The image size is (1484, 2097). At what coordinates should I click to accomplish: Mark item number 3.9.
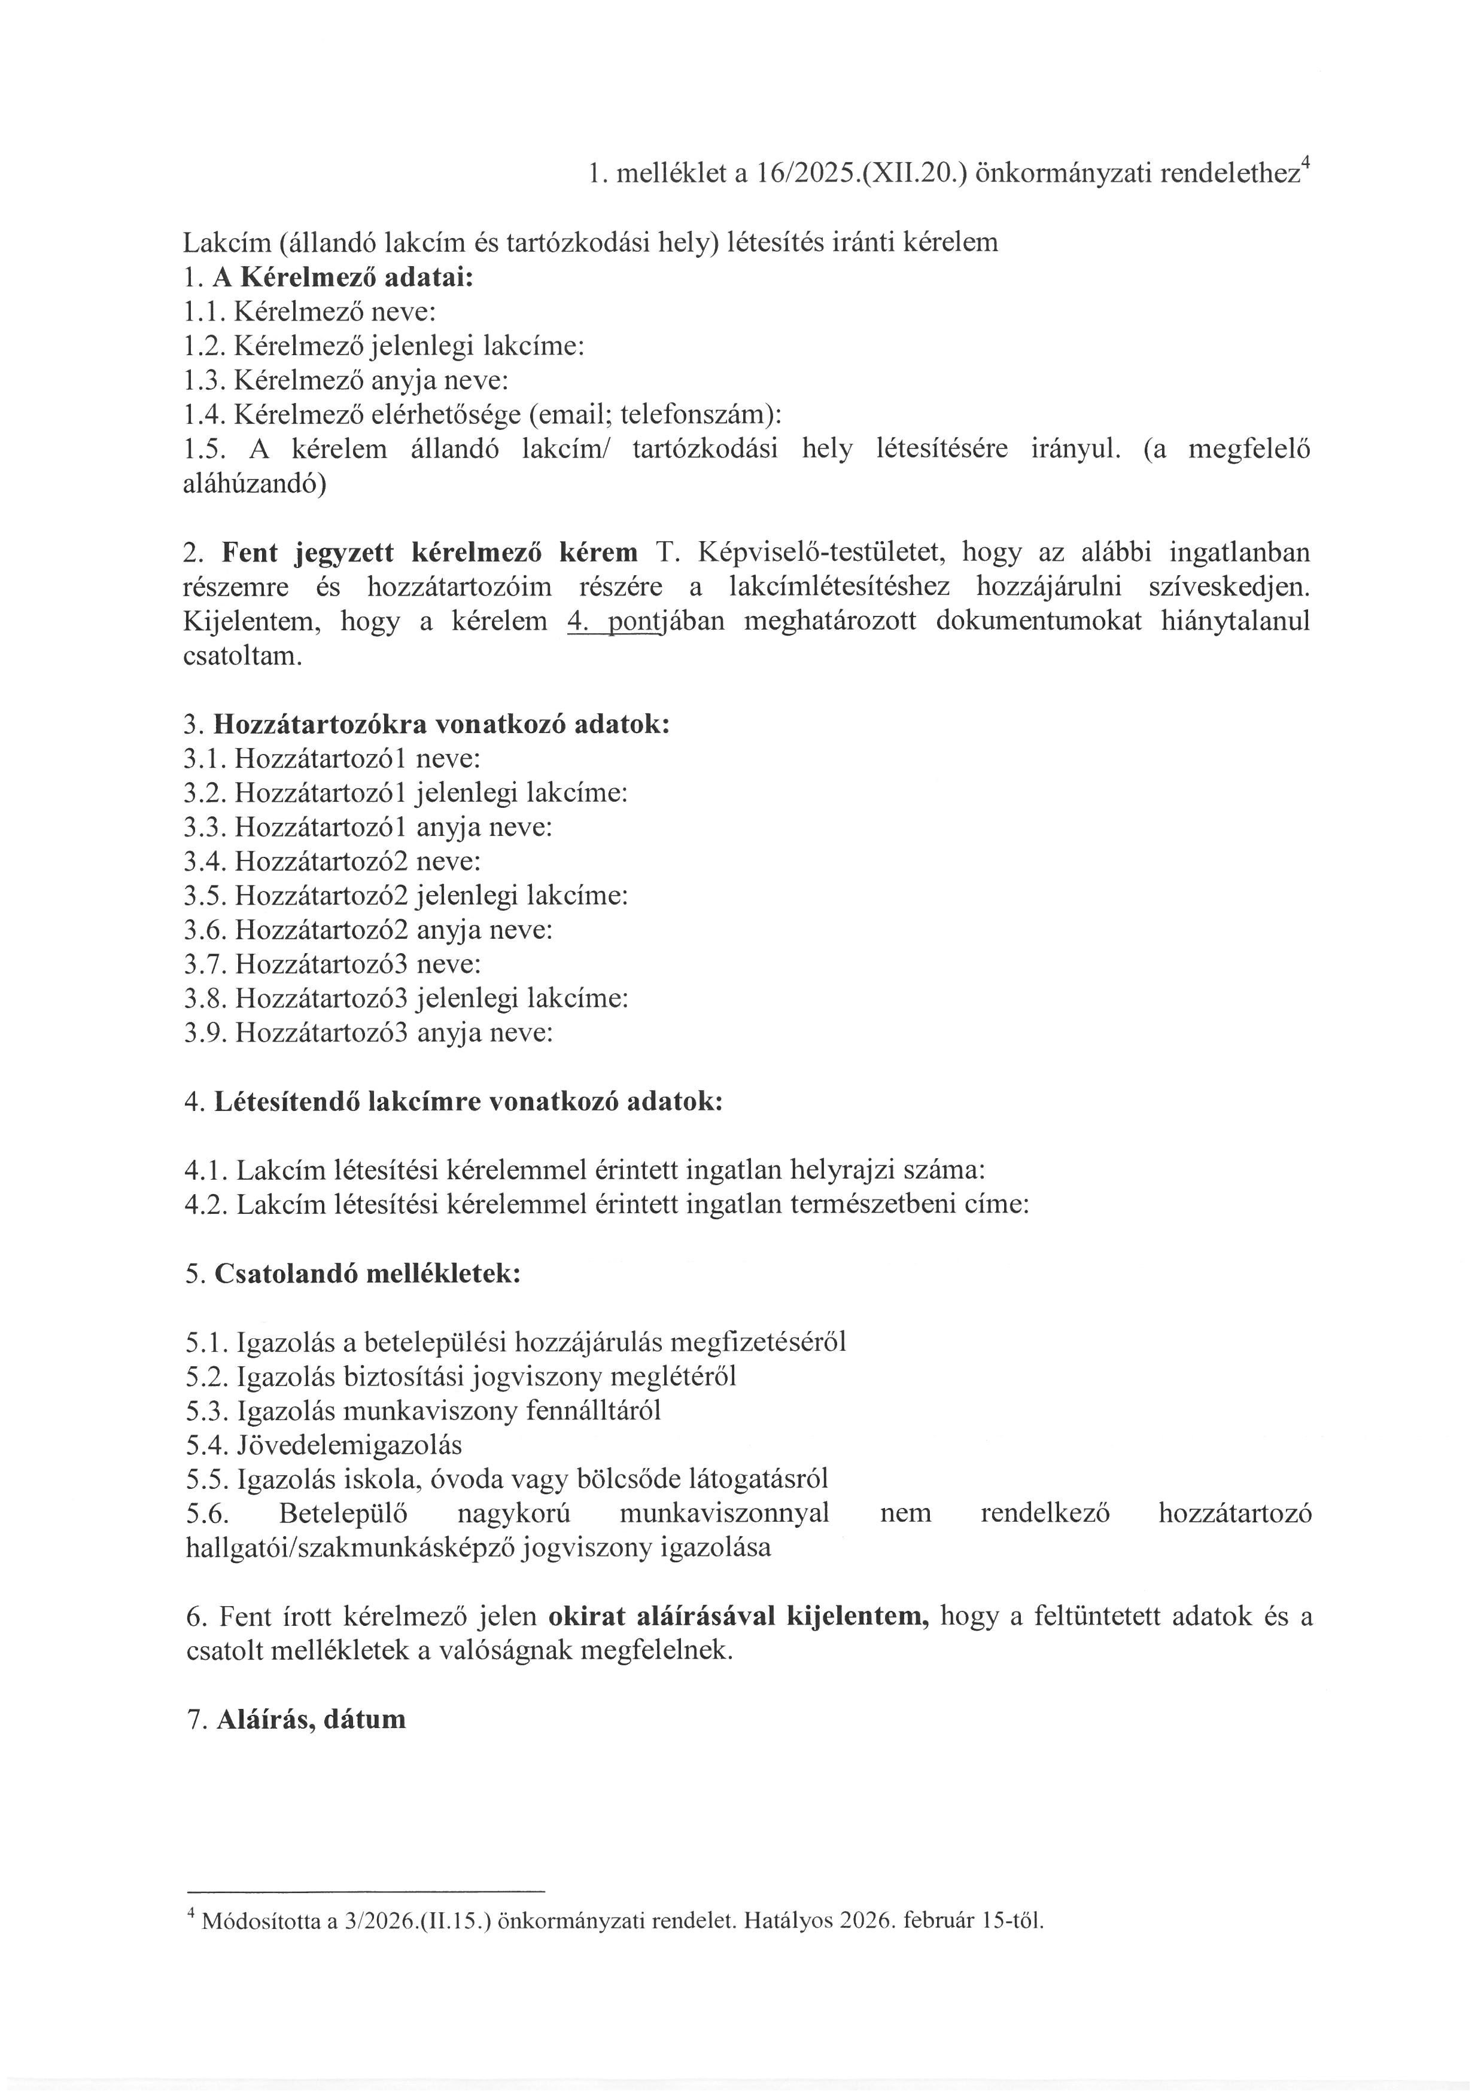pos(205,1033)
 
